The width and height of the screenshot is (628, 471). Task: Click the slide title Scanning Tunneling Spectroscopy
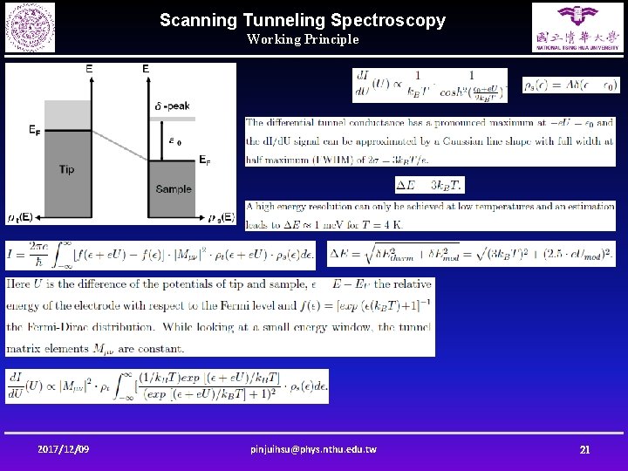[x=302, y=19]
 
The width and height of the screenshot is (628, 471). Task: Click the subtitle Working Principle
[x=302, y=39]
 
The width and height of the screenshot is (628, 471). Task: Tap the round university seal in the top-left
[x=30, y=27]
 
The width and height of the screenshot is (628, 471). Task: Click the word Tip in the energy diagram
[x=66, y=169]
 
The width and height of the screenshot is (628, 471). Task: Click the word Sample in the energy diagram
[x=174, y=189]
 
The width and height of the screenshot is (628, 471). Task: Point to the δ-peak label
[x=172, y=106]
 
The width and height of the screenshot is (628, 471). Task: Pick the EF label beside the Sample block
[x=204, y=160]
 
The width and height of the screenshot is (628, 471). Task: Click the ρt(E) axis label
[x=21, y=217]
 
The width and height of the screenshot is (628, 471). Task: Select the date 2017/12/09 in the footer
[x=63, y=449]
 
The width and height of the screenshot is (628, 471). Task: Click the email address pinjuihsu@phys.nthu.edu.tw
[x=313, y=449]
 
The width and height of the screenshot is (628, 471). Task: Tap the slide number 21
[x=584, y=449]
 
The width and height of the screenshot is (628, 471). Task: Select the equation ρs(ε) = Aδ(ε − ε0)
[x=570, y=85]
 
